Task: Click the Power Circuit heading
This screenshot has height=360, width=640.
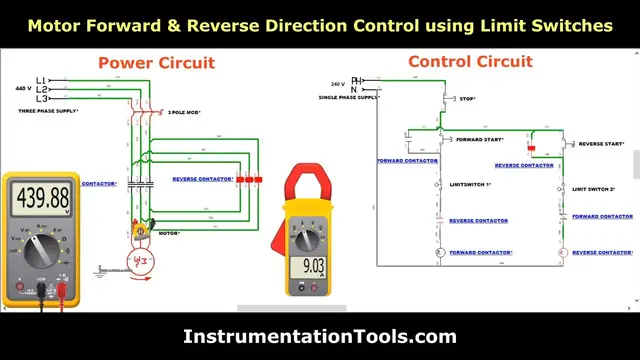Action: click(x=156, y=62)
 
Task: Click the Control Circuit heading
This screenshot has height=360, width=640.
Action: click(x=470, y=62)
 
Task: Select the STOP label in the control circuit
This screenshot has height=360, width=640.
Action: click(x=466, y=99)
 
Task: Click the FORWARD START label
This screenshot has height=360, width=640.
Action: click(x=480, y=140)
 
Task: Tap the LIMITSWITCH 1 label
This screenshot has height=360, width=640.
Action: click(x=471, y=185)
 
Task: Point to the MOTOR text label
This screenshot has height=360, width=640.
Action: click(x=169, y=232)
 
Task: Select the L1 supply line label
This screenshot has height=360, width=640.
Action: click(x=41, y=79)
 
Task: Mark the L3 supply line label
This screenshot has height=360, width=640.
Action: click(x=41, y=99)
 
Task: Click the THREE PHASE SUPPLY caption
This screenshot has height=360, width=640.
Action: click(x=47, y=112)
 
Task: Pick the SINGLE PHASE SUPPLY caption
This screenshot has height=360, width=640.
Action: click(x=348, y=98)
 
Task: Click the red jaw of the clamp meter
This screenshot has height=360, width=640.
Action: click(x=304, y=184)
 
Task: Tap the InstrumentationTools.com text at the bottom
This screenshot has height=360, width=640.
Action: click(x=319, y=337)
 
